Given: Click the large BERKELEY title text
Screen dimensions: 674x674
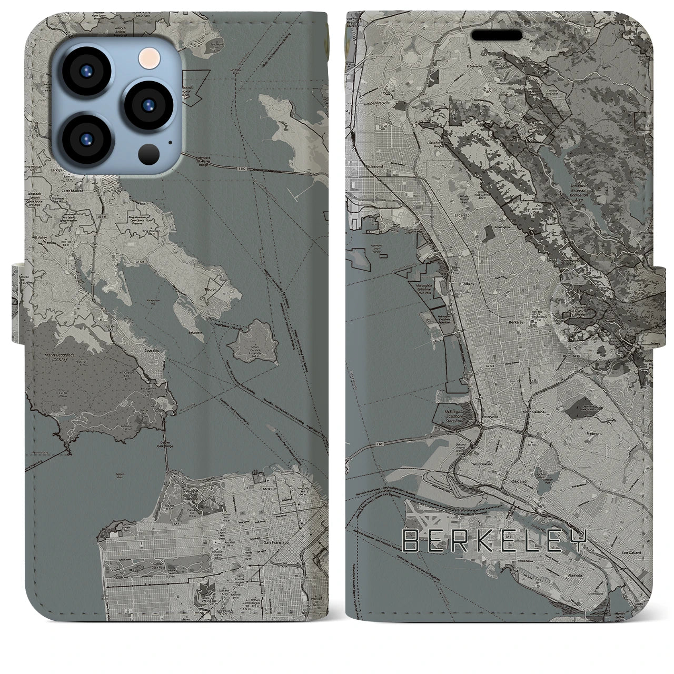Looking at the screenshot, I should pyautogui.click(x=494, y=541).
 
